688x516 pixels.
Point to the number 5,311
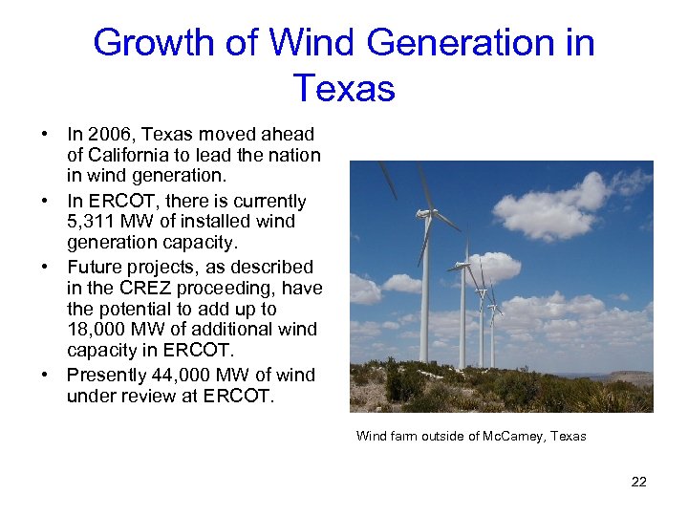click(x=93, y=222)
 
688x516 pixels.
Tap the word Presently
click(x=105, y=375)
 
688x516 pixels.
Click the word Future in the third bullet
click(x=95, y=267)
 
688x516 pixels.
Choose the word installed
click(x=202, y=222)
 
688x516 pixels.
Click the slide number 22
click(x=638, y=482)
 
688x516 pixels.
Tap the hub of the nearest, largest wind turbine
click(x=425, y=212)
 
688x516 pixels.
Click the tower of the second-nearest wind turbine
click(x=462, y=315)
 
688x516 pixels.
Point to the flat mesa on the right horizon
click(x=631, y=376)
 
